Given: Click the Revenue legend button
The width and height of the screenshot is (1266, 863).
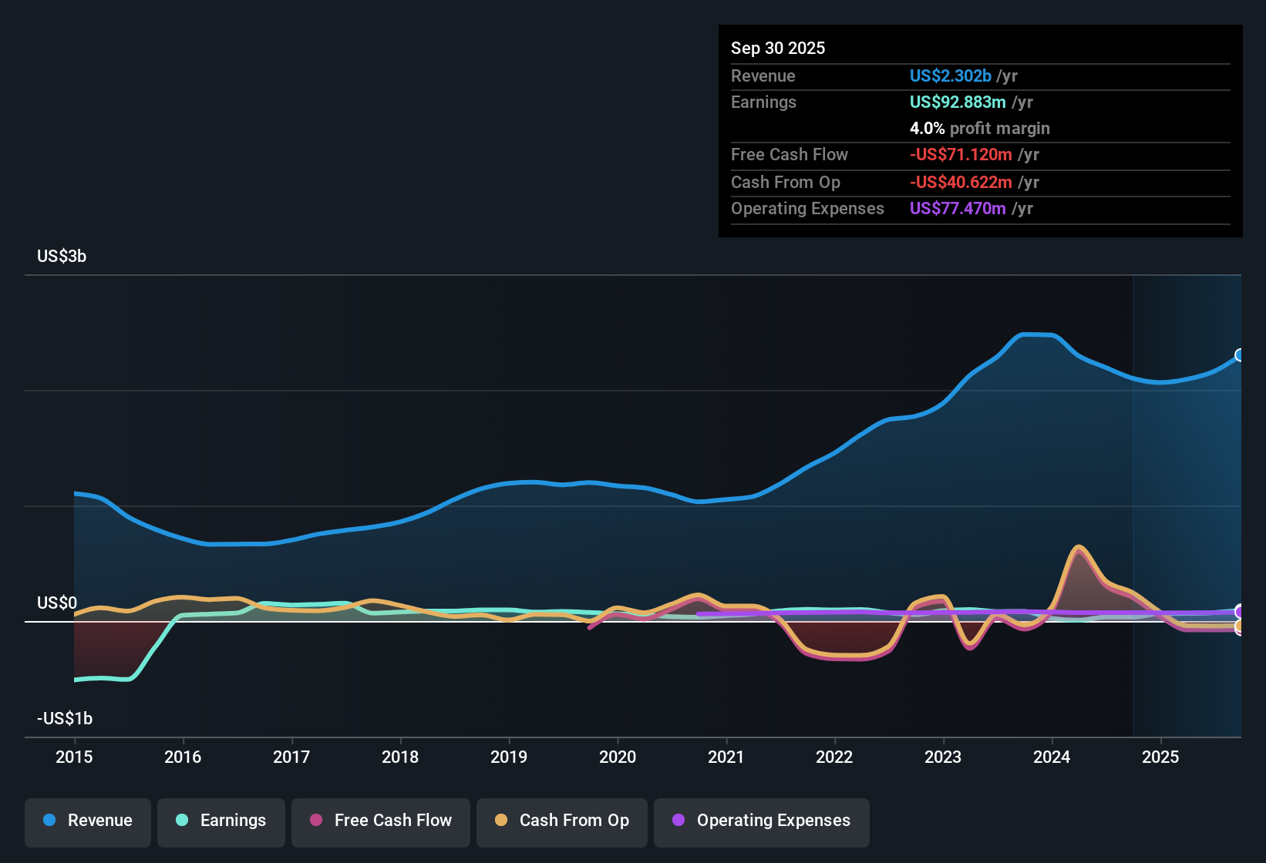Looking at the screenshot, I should tap(88, 821).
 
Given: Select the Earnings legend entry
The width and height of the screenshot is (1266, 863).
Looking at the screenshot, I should tap(221, 821).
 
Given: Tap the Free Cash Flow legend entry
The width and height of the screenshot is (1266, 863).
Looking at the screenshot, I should tap(381, 821).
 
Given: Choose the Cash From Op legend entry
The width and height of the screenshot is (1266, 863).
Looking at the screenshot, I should tap(562, 821).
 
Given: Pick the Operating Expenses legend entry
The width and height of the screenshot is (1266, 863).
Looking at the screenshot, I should tap(762, 821).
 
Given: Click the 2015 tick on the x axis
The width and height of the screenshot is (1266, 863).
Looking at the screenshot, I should tap(74, 757).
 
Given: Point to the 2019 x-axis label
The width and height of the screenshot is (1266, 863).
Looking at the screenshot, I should tap(509, 757).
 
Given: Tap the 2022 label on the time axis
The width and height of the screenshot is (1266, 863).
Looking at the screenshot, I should tap(834, 757).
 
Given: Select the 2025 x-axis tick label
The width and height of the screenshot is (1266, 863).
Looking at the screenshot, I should tap(1160, 757).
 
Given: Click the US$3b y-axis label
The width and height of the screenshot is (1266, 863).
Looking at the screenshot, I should tap(62, 257).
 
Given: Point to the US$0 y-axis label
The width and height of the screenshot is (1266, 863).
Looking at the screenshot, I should tap(57, 603).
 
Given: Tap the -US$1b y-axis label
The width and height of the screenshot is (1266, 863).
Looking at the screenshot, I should tap(65, 718).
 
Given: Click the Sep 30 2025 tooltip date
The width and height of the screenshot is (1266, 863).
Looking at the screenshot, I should tap(778, 48).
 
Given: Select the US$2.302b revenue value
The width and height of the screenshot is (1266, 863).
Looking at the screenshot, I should tap(950, 76).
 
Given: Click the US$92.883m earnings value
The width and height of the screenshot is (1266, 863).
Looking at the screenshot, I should tap(958, 102).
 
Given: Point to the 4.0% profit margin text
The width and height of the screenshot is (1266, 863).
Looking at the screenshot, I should tap(979, 128).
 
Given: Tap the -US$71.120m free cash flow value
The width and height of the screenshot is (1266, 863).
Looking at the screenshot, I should tap(961, 154).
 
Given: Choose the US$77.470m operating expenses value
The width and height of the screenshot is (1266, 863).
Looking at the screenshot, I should tap(958, 208).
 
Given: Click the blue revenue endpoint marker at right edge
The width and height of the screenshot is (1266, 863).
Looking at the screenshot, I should tap(1240, 355).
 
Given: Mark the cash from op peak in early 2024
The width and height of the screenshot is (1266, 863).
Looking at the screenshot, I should tap(1078, 548).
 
